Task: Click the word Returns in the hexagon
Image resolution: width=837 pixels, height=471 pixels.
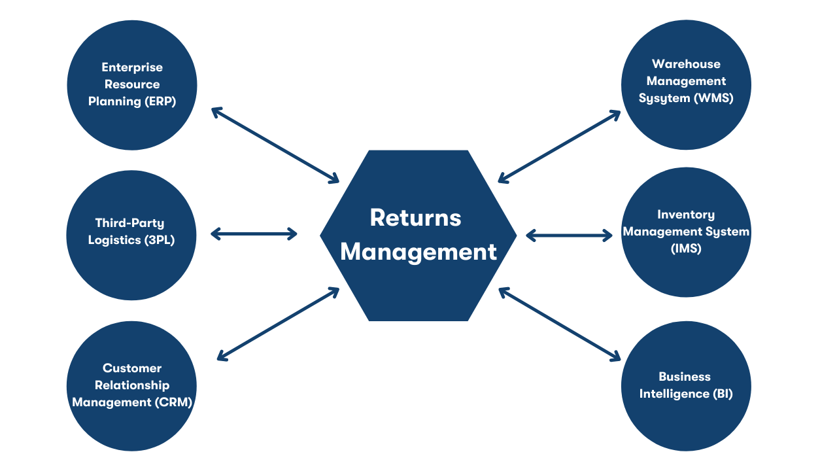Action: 415,218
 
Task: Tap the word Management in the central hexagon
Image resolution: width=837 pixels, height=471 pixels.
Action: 418,252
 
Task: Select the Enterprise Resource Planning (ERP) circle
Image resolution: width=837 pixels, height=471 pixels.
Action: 132,85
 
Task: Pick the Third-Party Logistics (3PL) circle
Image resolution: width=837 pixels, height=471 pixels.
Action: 132,235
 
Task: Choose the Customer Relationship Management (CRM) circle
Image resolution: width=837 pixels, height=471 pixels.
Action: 132,385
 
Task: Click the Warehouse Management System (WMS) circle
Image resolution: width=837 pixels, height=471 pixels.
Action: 686,84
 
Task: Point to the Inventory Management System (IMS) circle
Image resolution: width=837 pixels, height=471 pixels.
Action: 686,232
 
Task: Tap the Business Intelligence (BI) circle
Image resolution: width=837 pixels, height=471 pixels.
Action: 686,386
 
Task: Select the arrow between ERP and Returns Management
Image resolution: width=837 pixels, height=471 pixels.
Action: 275,145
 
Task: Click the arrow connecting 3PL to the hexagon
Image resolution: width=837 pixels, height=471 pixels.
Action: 254,234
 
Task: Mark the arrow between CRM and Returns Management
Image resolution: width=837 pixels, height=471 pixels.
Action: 278,324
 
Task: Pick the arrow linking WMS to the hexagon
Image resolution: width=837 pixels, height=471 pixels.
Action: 559,146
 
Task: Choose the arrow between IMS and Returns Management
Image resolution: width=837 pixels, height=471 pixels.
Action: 569,235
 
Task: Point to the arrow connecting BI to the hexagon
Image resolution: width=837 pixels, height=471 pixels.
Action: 559,324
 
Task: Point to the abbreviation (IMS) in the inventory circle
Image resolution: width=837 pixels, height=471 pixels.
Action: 686,249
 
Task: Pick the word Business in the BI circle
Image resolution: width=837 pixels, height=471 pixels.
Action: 685,377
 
